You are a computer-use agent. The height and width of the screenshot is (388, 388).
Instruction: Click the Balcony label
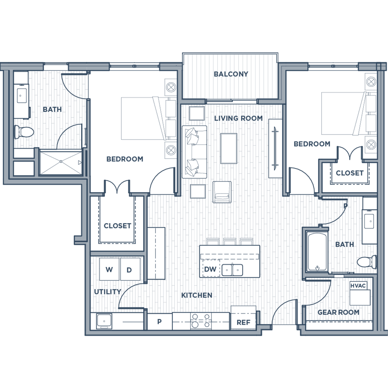(x=231, y=75)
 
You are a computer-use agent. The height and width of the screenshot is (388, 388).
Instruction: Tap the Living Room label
(x=238, y=118)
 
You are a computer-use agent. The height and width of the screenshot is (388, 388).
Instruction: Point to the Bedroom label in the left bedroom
(x=125, y=159)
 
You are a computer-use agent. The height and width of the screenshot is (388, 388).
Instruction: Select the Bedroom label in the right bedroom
(x=312, y=144)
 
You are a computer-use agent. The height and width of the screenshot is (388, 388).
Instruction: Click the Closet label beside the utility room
(x=117, y=226)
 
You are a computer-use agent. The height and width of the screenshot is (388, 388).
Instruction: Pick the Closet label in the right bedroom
(x=349, y=173)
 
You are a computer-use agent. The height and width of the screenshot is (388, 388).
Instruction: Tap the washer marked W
(x=109, y=270)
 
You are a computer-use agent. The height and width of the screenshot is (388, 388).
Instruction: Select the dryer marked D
(x=129, y=270)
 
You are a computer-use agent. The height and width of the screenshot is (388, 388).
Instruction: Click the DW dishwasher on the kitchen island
(x=211, y=270)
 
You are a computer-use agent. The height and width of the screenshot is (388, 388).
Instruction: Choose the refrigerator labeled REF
(x=243, y=322)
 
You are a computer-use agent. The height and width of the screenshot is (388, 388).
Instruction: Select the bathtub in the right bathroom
(x=317, y=252)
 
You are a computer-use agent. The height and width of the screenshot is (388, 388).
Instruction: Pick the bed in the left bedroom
(x=142, y=118)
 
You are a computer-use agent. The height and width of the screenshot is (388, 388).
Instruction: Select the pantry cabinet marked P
(x=160, y=321)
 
